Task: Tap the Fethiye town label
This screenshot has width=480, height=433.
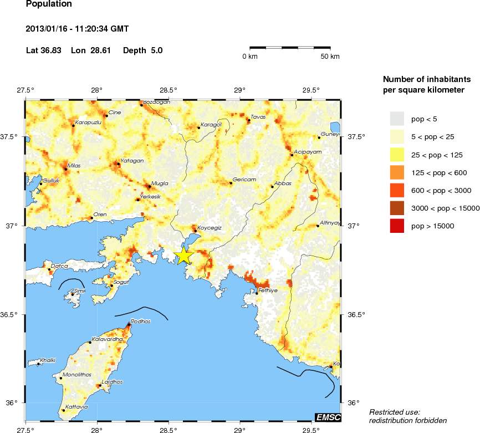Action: coord(268,289)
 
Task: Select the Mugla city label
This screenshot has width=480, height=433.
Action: coord(159,183)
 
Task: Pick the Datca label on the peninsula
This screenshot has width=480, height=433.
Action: coord(59,266)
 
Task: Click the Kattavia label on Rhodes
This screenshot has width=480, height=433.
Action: coord(76,407)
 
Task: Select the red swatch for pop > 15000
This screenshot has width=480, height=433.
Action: coord(398,226)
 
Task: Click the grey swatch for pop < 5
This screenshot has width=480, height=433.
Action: coord(398,119)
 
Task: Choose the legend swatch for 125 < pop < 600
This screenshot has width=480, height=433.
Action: coord(398,172)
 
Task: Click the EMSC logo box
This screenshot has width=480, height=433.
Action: coord(328,417)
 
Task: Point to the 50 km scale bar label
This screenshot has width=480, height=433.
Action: coord(331,57)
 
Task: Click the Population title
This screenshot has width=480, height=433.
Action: coord(49,4)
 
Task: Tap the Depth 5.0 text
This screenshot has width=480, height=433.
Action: coord(142,50)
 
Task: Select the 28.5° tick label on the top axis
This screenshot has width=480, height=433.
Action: coord(168,90)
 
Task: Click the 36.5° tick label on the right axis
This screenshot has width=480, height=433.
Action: coord(357,314)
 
